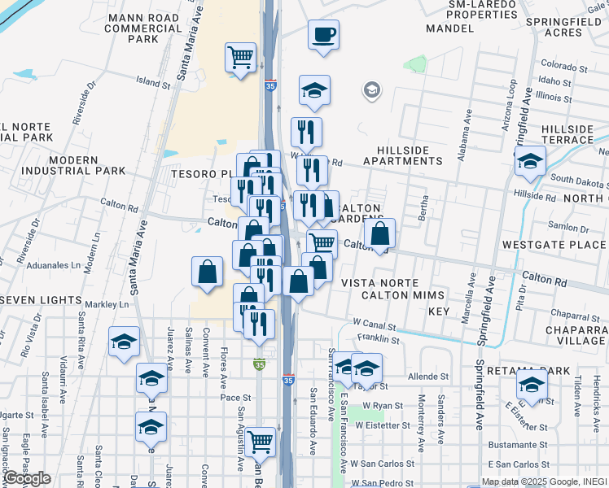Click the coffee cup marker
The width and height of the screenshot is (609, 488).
[323, 35]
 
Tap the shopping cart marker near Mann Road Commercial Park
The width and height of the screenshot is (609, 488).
[240, 58]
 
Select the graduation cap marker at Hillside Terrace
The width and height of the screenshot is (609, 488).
[530, 162]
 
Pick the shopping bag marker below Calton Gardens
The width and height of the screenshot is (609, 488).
[379, 234]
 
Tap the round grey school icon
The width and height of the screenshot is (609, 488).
[372, 89]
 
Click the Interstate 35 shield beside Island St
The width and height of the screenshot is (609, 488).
[269, 84]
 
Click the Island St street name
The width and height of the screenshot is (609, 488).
[152, 83]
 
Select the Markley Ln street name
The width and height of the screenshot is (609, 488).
[112, 304]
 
